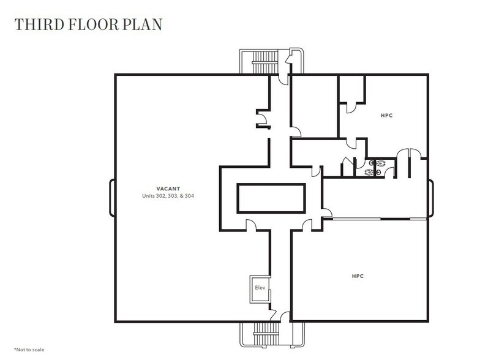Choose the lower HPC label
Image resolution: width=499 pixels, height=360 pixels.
tap(358, 276)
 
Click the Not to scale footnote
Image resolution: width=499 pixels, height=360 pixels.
tap(29, 349)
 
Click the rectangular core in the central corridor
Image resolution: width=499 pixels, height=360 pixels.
tap(271, 198)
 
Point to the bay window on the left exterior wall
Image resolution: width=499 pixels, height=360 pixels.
tap(112, 198)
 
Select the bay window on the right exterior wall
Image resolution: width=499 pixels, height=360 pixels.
tap(431, 198)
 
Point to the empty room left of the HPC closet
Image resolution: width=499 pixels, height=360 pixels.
tap(313, 105)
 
